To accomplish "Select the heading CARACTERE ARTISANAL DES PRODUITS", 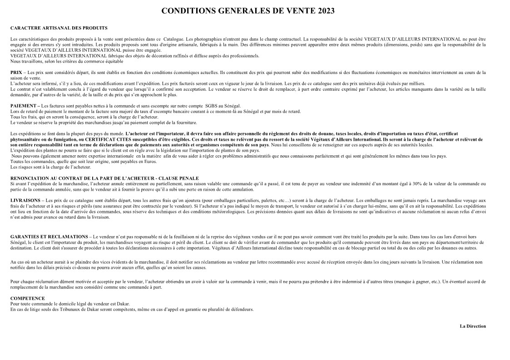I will (59, 28).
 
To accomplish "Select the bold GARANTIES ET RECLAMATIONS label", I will (49, 237).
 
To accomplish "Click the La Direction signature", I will (472, 326).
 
